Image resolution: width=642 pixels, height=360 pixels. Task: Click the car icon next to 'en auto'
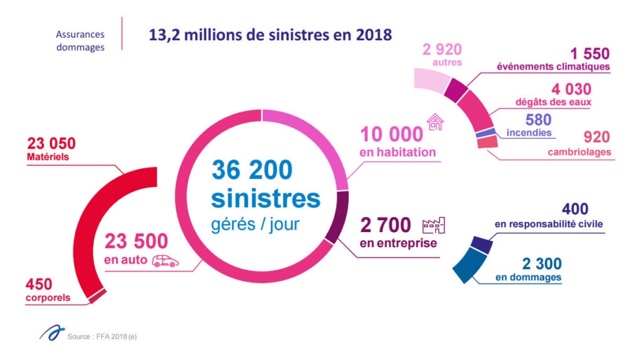(165, 260)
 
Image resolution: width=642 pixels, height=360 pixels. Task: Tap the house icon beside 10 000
(434, 122)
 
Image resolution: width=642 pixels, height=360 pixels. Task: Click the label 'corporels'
(48, 297)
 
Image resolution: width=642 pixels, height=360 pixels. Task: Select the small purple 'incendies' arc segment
(486, 133)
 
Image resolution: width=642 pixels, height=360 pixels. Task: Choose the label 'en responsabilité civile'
(550, 225)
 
